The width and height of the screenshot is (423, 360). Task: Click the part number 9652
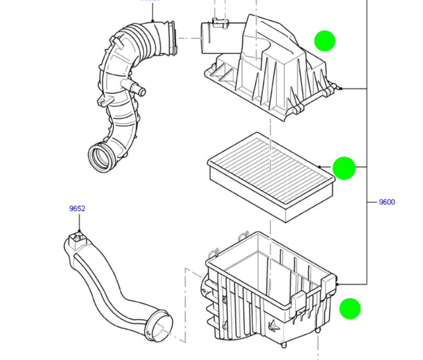tap(77, 209)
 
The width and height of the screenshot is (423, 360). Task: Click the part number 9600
tap(387, 202)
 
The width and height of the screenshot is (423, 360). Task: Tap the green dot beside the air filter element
tap(344, 168)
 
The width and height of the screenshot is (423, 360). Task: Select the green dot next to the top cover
tap(324, 41)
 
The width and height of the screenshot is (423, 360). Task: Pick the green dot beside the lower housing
tap(350, 309)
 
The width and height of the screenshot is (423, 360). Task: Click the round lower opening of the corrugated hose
tap(101, 157)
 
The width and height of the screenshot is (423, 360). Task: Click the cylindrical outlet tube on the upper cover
tap(216, 38)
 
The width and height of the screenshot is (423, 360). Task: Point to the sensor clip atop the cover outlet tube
tap(220, 22)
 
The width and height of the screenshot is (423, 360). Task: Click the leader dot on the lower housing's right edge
tap(338, 283)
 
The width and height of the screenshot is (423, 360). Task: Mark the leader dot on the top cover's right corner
tap(341, 89)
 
